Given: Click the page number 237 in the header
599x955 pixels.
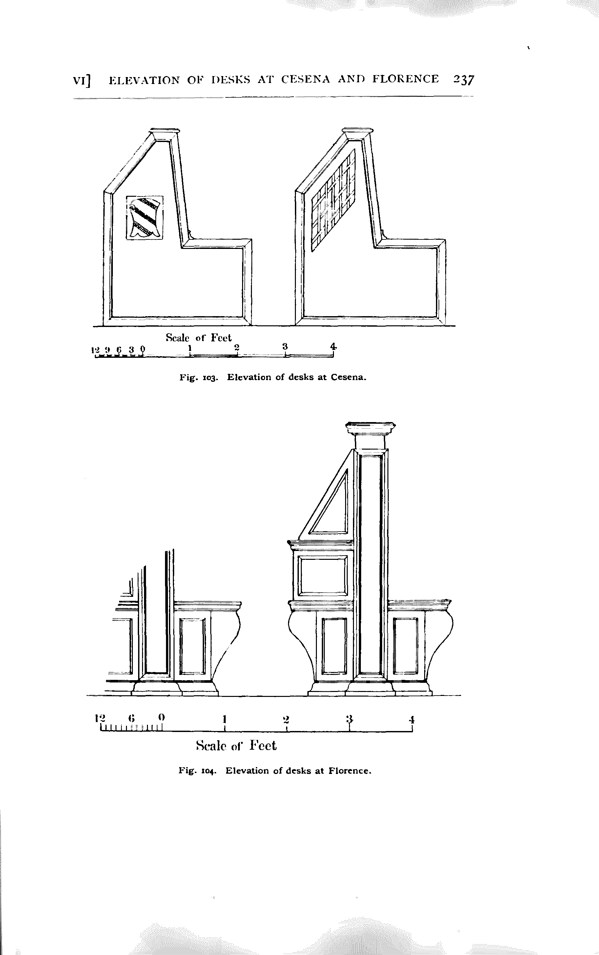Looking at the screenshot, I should pyautogui.click(x=464, y=80).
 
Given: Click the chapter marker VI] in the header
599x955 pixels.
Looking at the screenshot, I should pyautogui.click(x=82, y=80).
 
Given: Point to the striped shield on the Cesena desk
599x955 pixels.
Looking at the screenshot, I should pyautogui.click(x=145, y=217).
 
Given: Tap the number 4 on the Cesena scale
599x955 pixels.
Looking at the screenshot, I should pyautogui.click(x=334, y=346).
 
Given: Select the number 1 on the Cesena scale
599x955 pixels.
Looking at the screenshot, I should pyautogui.click(x=190, y=347).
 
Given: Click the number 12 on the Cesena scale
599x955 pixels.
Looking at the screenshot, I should pyautogui.click(x=95, y=350).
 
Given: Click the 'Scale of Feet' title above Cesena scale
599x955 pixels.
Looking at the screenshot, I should pyautogui.click(x=198, y=338).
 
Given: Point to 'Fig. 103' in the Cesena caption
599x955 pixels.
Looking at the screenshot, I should pyautogui.click(x=198, y=377).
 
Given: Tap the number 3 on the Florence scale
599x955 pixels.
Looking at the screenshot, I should pyautogui.click(x=349, y=718).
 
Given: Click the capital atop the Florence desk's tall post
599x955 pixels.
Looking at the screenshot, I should pyautogui.click(x=370, y=430).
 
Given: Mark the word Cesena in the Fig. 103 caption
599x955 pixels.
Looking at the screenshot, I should pyautogui.click(x=348, y=377).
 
